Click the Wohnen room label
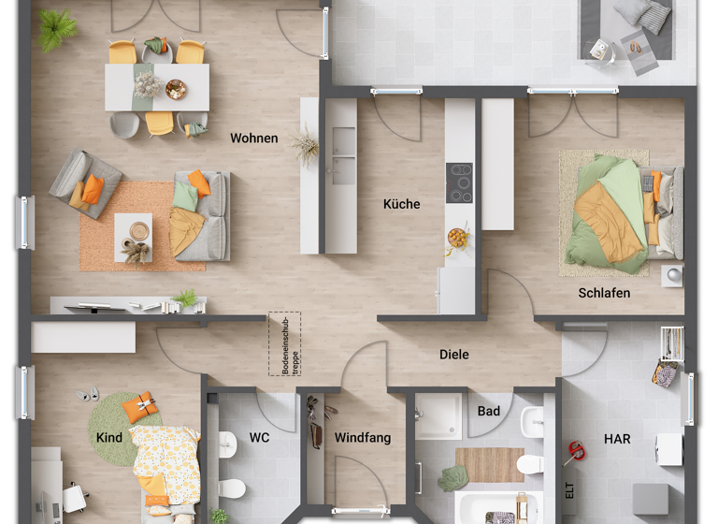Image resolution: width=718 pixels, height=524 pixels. pyautogui.click(x=254, y=138)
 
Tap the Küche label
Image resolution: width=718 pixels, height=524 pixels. pyautogui.click(x=402, y=204)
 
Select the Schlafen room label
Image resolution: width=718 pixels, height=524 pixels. pyautogui.click(x=604, y=293)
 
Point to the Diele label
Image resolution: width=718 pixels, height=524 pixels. pyautogui.click(x=454, y=355)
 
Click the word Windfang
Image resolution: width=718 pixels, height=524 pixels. pyautogui.click(x=363, y=438)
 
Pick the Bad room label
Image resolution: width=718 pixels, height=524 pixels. pyautogui.click(x=488, y=411)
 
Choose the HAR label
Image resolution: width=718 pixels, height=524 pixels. pyautogui.click(x=617, y=438)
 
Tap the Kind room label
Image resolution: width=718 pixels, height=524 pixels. pyautogui.click(x=109, y=438)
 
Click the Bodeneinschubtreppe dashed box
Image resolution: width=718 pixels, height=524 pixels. pyautogui.click(x=285, y=344)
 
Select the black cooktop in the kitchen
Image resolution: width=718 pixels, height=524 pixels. pyautogui.click(x=459, y=182)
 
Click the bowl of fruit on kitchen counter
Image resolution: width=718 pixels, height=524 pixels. pyautogui.click(x=458, y=238)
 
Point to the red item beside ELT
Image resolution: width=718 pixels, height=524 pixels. pyautogui.click(x=575, y=454)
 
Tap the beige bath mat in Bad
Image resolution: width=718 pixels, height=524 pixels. pyautogui.click(x=489, y=464)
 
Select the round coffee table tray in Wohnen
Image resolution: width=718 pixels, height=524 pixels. pyautogui.click(x=139, y=229)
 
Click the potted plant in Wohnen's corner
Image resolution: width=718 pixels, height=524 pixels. pyautogui.click(x=58, y=30)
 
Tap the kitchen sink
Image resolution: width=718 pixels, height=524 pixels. pyautogui.click(x=343, y=155)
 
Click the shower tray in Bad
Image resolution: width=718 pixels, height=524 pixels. pyautogui.click(x=438, y=416)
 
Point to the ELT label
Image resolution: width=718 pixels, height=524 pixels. pyautogui.click(x=568, y=490)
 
